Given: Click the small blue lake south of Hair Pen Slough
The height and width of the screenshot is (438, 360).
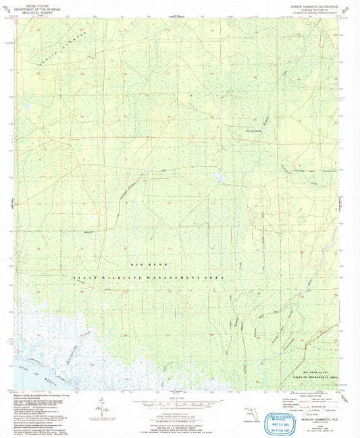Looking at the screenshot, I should point(218,178).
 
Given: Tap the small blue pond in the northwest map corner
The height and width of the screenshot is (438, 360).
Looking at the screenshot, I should point(28,107).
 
